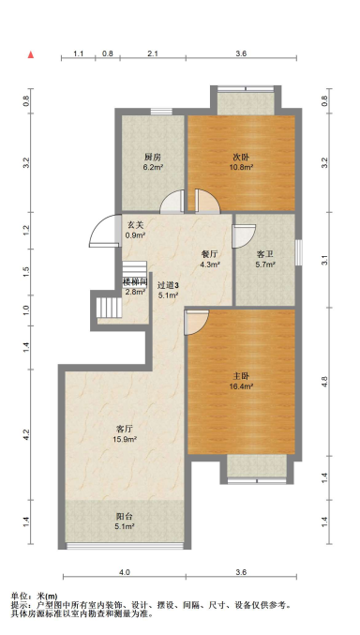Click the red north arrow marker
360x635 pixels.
[x=31, y=55]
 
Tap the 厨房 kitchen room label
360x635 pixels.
[x=154, y=160]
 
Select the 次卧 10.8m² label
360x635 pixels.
[x=242, y=160]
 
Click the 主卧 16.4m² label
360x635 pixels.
[x=241, y=381]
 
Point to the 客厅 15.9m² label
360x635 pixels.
[x=125, y=433]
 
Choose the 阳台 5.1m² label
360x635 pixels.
[x=125, y=522]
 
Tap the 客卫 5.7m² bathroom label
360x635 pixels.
[x=265, y=260]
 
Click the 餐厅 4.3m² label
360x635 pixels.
[x=210, y=259]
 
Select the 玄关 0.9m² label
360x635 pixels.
[x=136, y=230]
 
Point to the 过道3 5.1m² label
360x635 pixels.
[x=168, y=291]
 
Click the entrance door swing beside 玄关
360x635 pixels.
[x=104, y=231]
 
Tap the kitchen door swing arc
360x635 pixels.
[x=172, y=201]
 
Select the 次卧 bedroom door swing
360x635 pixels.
[x=207, y=201]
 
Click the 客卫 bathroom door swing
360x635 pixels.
[x=244, y=236]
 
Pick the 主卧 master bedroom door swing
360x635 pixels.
[x=197, y=323]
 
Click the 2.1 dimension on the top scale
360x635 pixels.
[x=153, y=53]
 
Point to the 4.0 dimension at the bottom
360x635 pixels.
[x=125, y=572]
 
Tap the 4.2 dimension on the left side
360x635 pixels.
[x=26, y=435]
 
